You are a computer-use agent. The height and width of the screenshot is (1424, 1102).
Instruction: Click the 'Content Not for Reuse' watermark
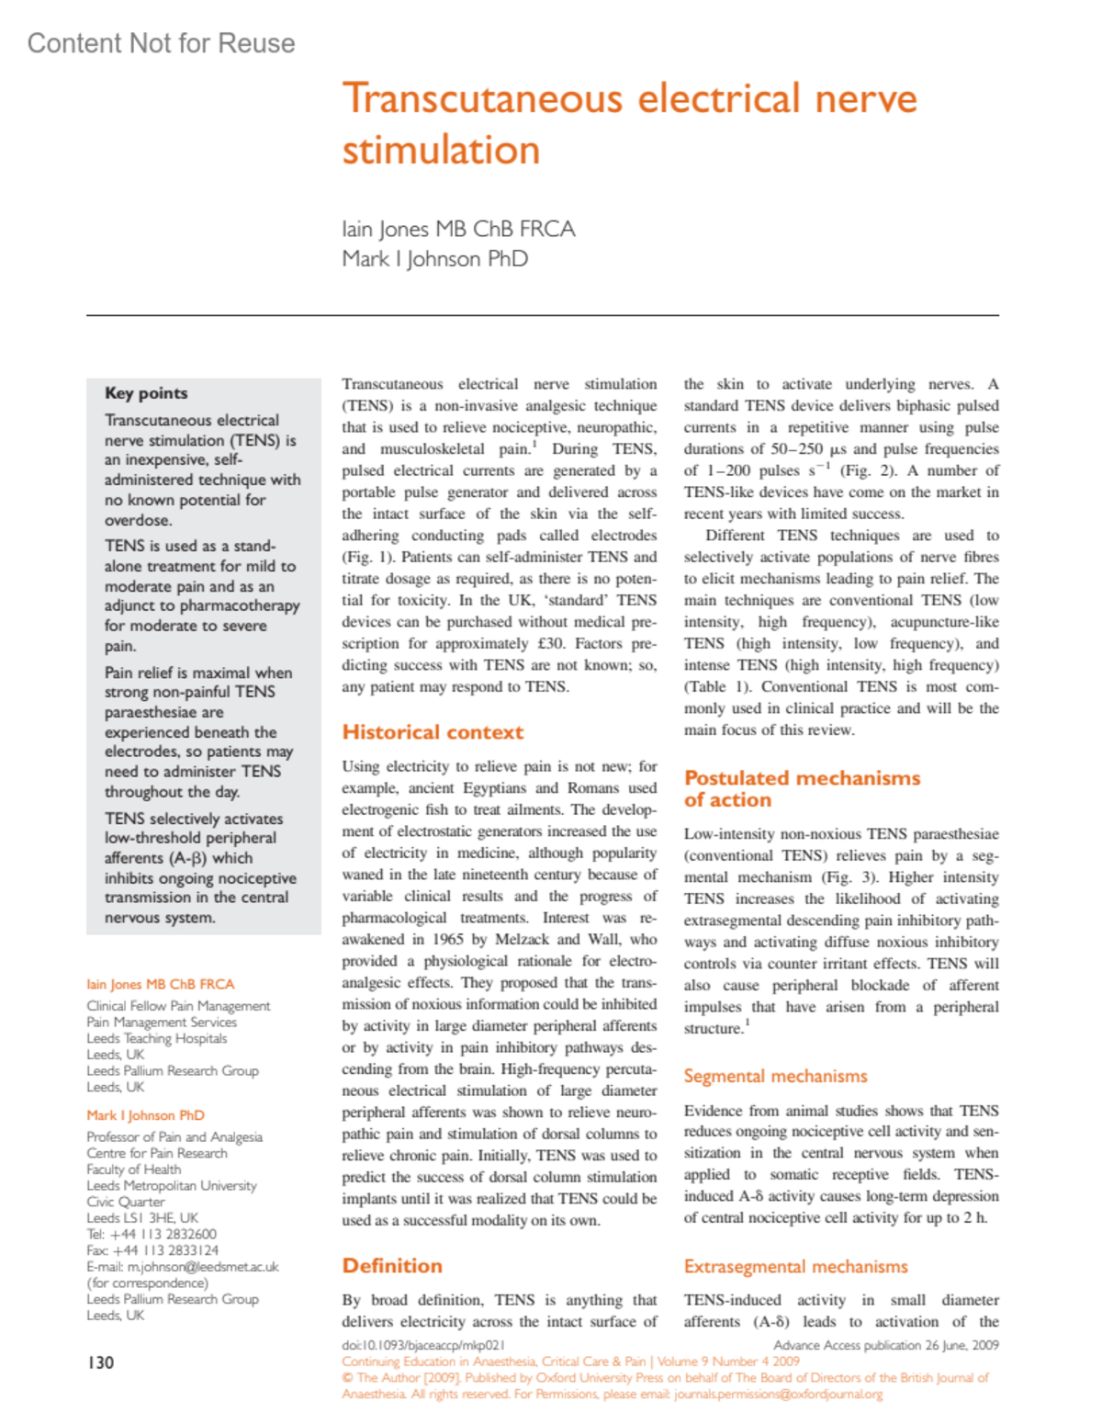coord(161,43)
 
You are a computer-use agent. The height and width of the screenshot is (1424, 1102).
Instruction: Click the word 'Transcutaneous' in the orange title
coord(481,98)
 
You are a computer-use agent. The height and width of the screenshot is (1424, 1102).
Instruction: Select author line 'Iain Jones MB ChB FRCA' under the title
coord(458,229)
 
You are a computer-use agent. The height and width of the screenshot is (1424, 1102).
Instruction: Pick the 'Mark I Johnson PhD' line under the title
coord(434,259)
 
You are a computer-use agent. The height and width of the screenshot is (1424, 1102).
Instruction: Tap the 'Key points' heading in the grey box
coord(146,393)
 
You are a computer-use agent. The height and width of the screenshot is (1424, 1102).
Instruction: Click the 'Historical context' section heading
coord(433,732)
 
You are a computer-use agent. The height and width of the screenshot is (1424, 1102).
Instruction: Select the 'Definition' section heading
coord(392,1266)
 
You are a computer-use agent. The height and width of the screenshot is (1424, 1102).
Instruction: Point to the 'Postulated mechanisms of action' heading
coord(802,788)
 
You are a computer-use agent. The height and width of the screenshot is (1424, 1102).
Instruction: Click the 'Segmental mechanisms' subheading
coord(775,1076)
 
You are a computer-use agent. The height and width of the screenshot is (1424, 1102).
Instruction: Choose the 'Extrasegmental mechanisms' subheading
coord(795,1267)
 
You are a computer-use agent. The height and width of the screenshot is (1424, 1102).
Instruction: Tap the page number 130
coord(101,1362)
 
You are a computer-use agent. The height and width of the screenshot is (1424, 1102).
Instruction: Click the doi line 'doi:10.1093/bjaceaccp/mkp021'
coord(423,1345)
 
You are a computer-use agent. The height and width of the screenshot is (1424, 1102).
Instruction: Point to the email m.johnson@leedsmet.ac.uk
coord(203,1267)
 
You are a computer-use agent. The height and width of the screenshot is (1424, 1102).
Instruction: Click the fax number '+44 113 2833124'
coord(165,1250)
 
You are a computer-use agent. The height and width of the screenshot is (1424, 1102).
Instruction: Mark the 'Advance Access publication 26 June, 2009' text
coord(885,1345)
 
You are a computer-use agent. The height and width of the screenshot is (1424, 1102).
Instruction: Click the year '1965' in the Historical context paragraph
coord(446,939)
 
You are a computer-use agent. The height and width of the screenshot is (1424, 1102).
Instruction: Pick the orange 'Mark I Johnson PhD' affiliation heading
coord(145,1115)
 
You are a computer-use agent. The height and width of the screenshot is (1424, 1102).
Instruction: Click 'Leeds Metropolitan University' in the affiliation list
coord(172,1186)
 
